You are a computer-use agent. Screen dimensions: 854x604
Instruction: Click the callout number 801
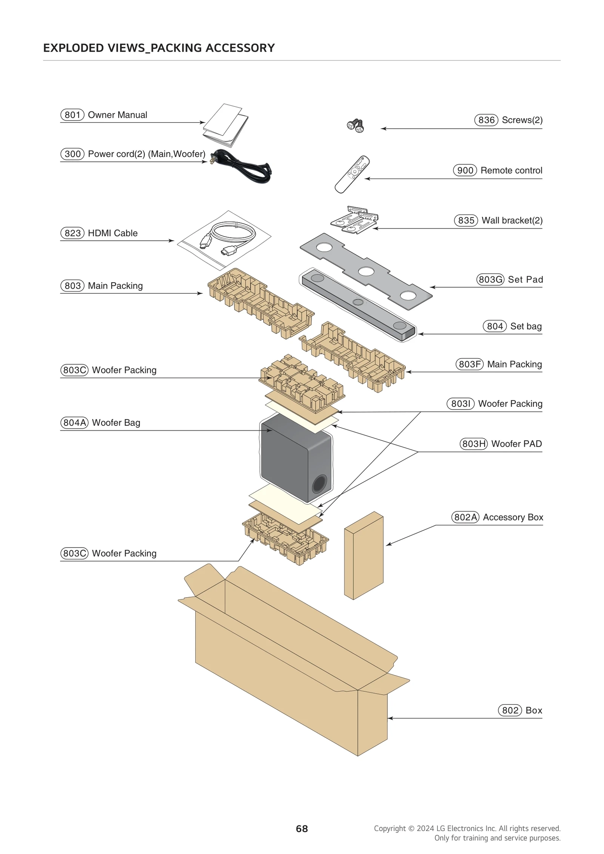pos(72,115)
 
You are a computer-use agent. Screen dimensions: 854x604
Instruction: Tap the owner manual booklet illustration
pos(226,126)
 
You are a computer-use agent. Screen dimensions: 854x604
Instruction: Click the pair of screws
pos(355,126)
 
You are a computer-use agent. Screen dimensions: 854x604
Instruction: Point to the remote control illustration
pos(352,174)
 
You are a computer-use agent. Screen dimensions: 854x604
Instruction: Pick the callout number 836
pos(486,120)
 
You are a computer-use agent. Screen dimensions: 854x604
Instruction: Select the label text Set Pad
pos(525,280)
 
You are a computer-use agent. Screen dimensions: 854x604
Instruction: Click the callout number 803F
pos(469,364)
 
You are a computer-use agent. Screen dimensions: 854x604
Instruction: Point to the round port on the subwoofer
pos(319,484)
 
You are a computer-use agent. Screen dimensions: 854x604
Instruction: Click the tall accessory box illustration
pos(364,555)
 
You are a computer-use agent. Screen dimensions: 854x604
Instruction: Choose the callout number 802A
pos(465,517)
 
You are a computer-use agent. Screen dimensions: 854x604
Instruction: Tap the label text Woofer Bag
pos(116,423)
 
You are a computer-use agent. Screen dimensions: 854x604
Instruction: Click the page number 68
pos(302,829)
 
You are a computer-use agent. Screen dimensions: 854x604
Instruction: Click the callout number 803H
pos(473,444)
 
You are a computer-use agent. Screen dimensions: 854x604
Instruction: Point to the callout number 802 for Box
pos(510,711)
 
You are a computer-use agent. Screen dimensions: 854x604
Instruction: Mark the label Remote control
pos(511,171)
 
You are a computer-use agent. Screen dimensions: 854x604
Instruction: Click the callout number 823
pos(72,233)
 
